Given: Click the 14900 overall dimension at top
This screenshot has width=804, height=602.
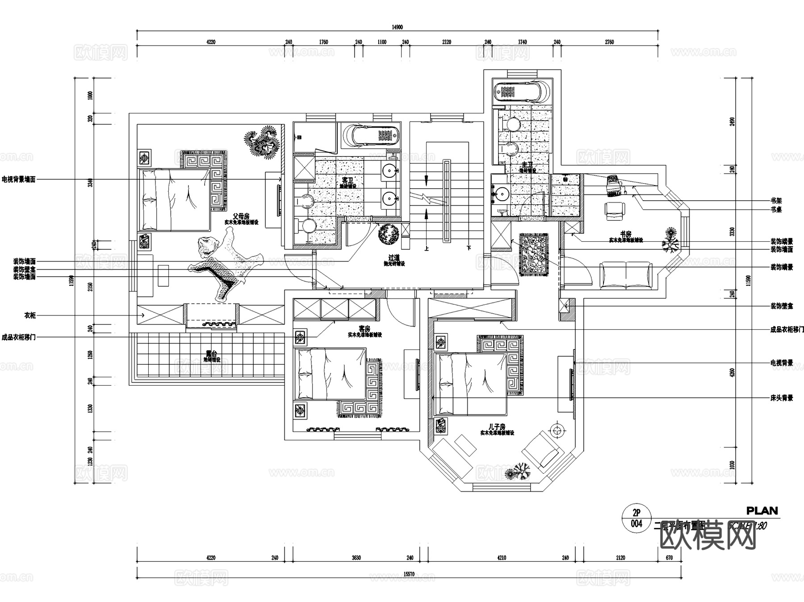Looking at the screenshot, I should (397, 27).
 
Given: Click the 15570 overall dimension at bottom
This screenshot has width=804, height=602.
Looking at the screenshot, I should (409, 574).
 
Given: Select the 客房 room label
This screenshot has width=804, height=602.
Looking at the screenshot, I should (364, 329).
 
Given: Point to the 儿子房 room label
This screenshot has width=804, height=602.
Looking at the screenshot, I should (497, 427).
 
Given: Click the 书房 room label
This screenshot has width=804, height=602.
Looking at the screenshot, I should (625, 234).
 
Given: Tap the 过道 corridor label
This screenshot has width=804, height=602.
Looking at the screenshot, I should (394, 258).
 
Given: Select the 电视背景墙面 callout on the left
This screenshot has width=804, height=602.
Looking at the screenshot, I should (18, 180).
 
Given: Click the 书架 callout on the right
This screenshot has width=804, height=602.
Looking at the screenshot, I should (776, 201).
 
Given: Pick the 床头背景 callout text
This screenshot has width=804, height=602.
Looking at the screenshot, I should (781, 398).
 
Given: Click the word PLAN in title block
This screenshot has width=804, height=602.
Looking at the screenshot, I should (762, 510).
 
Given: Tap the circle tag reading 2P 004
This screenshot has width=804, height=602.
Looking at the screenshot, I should (636, 518).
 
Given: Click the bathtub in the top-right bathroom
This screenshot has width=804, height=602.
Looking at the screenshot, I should (522, 92).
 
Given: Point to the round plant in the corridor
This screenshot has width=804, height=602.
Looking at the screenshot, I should (388, 234).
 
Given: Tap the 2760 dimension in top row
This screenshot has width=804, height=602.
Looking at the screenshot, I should (609, 42).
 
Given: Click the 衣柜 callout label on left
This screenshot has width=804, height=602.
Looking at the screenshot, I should (29, 316).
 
